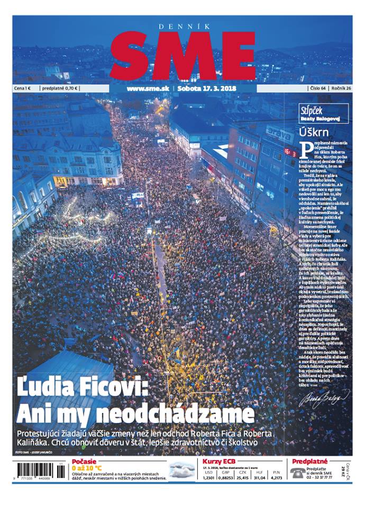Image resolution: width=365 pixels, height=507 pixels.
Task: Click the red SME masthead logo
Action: point(182,54)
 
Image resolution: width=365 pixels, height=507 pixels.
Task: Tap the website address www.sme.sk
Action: point(148,88)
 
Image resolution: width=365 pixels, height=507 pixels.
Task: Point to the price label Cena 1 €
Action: point(24,88)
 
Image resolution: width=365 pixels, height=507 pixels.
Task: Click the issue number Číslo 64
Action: point(317,88)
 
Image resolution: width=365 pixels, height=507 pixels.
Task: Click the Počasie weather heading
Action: point(84,461)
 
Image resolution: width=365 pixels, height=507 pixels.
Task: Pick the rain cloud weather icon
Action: point(183,469)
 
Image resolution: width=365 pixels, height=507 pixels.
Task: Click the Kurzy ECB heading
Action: point(218,461)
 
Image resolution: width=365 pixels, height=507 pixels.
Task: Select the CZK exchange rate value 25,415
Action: point(243,477)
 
